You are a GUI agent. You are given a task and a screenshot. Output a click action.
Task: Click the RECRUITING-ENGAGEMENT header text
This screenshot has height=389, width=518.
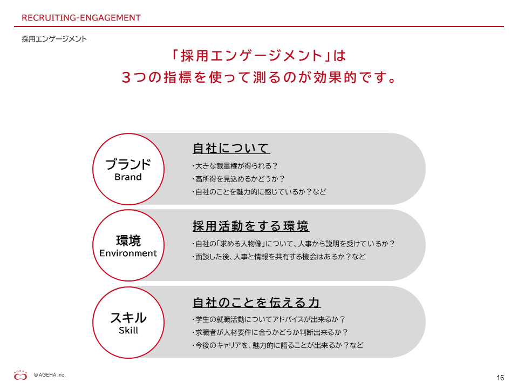(81, 18)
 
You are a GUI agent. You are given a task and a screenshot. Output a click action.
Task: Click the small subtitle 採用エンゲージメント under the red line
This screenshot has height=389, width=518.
(54, 39)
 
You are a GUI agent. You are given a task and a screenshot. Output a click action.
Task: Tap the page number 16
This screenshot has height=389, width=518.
(500, 378)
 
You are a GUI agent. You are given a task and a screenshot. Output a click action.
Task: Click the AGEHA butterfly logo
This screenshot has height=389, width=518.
(21, 375)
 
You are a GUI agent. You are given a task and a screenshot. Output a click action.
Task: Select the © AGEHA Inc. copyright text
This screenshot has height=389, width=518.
(50, 375)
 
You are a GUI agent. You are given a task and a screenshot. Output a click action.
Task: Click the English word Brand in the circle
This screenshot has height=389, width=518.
(128, 177)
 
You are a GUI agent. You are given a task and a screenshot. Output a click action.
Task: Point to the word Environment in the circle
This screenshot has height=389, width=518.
(128, 253)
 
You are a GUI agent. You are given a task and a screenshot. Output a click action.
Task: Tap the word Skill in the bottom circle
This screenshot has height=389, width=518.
(128, 330)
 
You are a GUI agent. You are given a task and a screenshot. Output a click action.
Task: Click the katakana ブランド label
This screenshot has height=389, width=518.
(128, 164)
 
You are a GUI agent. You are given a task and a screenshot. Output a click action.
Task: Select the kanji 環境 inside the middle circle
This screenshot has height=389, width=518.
(128, 240)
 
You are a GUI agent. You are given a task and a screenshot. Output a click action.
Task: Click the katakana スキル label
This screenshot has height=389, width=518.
(128, 318)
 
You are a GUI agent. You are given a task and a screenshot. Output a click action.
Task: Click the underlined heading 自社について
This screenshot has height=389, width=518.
(231, 148)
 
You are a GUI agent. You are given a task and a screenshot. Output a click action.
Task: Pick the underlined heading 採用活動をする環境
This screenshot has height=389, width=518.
(251, 226)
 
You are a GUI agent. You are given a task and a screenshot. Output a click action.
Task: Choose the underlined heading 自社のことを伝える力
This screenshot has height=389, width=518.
(256, 303)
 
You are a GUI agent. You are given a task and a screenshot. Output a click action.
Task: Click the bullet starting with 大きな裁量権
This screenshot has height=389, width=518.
(235, 166)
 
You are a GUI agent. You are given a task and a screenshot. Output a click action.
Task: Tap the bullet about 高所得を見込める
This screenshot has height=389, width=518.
(238, 179)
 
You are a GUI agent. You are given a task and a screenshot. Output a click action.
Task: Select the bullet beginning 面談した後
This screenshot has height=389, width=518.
(279, 256)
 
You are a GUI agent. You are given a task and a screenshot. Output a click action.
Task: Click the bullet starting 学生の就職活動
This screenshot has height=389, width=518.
(269, 319)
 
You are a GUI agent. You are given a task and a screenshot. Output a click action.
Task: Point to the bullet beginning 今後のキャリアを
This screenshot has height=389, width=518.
(278, 345)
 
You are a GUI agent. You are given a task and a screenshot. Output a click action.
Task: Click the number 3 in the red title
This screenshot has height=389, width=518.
(126, 77)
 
